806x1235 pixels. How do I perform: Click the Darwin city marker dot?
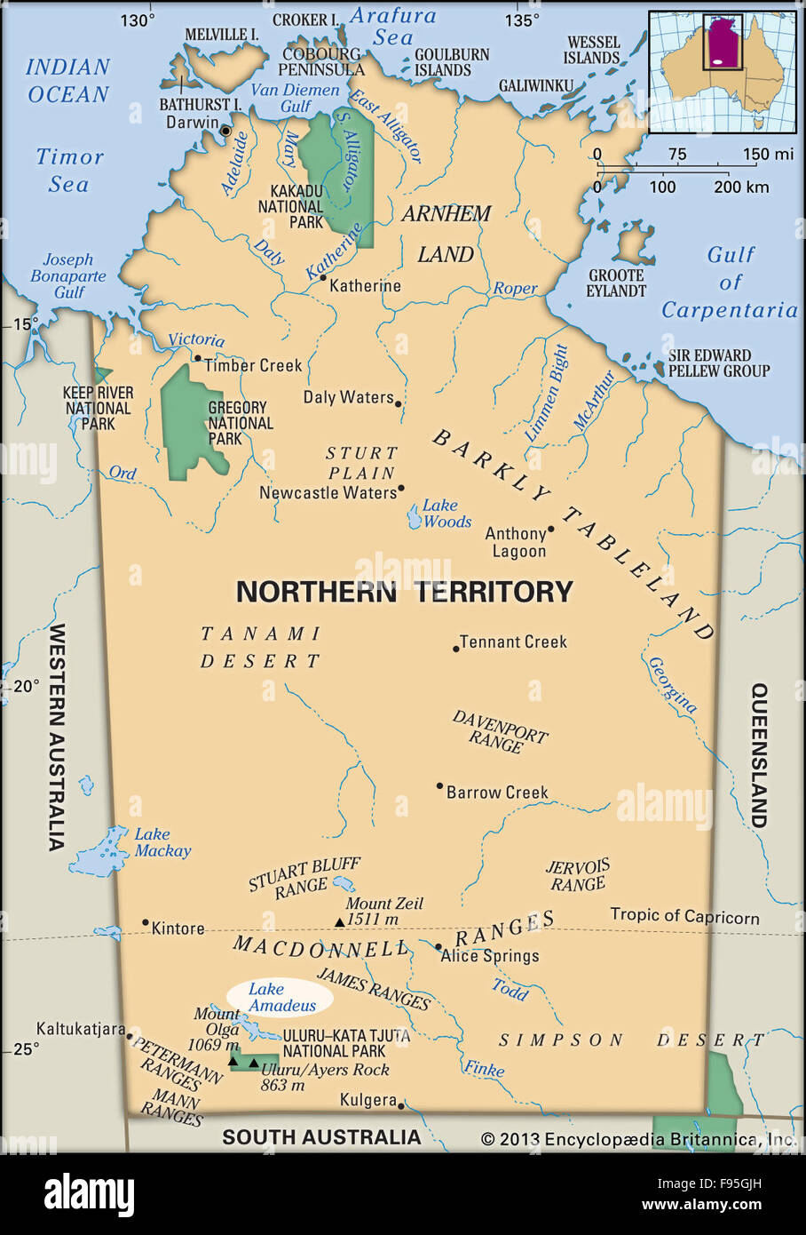pyautogui.click(x=225, y=131)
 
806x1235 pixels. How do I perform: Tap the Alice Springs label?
pyautogui.click(x=491, y=956)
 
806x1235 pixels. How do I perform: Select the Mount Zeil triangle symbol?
pyautogui.click(x=339, y=922)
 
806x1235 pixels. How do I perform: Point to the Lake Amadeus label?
pyautogui.click(x=280, y=997)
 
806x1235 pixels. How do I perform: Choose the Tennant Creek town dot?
pyautogui.click(x=456, y=649)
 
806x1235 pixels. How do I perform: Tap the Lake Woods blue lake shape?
pyautogui.click(x=414, y=517)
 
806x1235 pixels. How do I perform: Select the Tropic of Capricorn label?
pyautogui.click(x=684, y=916)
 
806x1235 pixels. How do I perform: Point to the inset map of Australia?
pyautogui.click(x=722, y=71)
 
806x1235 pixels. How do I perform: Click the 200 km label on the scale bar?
pyautogui.click(x=741, y=187)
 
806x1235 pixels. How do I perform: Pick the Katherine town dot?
pyautogui.click(x=323, y=278)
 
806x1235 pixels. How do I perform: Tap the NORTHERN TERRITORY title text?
pyautogui.click(x=404, y=592)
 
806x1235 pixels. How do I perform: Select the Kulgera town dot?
pyautogui.click(x=401, y=1105)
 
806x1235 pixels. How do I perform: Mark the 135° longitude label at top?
pyautogui.click(x=522, y=20)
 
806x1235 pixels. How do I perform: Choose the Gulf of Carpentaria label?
pyautogui.click(x=730, y=283)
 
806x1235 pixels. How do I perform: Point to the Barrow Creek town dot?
pyautogui.click(x=439, y=786)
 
